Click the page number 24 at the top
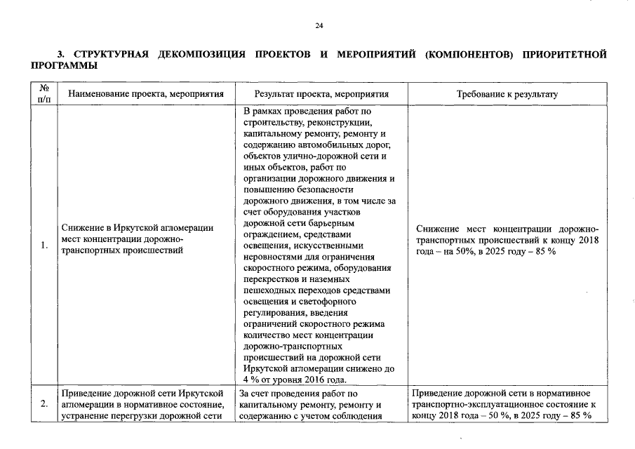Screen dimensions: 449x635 [x=319, y=26]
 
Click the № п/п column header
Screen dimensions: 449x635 [x=44, y=93]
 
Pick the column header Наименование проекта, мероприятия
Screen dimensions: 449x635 [x=143, y=94]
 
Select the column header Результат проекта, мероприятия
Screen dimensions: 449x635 [x=321, y=94]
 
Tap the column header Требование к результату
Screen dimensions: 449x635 [x=507, y=94]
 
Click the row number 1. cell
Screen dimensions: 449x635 [x=44, y=245]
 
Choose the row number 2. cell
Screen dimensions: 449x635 [x=44, y=404]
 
